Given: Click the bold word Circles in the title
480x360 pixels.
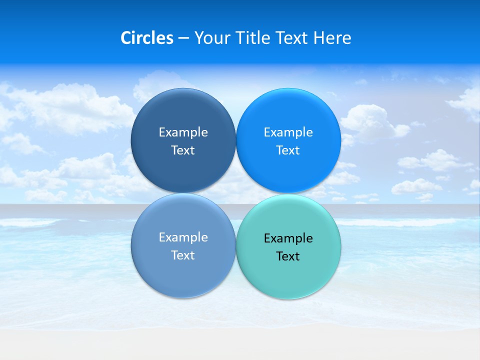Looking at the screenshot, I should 147,38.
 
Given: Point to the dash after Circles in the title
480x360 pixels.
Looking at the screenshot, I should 183,38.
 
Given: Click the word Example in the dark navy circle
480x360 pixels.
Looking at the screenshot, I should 183,132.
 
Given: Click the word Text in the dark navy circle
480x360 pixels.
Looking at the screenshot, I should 183,150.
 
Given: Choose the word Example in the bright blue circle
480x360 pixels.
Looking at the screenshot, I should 288,132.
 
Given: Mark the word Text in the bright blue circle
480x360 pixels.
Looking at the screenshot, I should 288,150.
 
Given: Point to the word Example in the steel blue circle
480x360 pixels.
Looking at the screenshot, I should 183,237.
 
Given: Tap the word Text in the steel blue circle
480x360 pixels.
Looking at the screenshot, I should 183,255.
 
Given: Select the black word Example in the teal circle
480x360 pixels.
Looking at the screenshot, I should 288,238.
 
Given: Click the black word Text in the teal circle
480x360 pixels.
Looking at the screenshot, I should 288,256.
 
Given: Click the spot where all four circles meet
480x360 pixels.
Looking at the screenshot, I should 236,193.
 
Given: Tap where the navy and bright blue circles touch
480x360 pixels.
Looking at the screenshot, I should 236,140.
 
